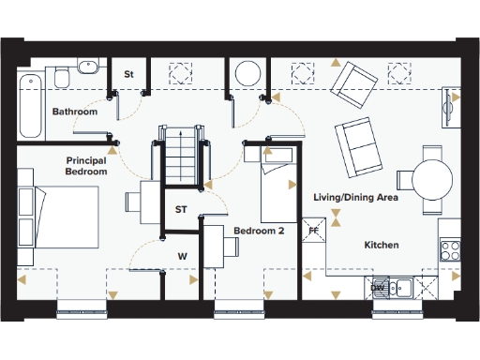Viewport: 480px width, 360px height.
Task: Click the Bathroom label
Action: [75, 112]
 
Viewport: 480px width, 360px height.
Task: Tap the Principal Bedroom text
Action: [86, 166]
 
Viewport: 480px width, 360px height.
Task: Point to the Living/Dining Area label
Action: [356, 198]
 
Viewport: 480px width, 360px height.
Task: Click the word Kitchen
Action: [382, 245]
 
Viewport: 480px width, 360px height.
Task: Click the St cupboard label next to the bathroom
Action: [129, 73]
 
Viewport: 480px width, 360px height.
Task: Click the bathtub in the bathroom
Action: [29, 102]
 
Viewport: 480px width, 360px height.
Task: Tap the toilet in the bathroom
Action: [63, 77]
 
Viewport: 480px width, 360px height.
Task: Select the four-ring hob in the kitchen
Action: [449, 250]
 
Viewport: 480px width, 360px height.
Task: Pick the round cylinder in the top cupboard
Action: [248, 73]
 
